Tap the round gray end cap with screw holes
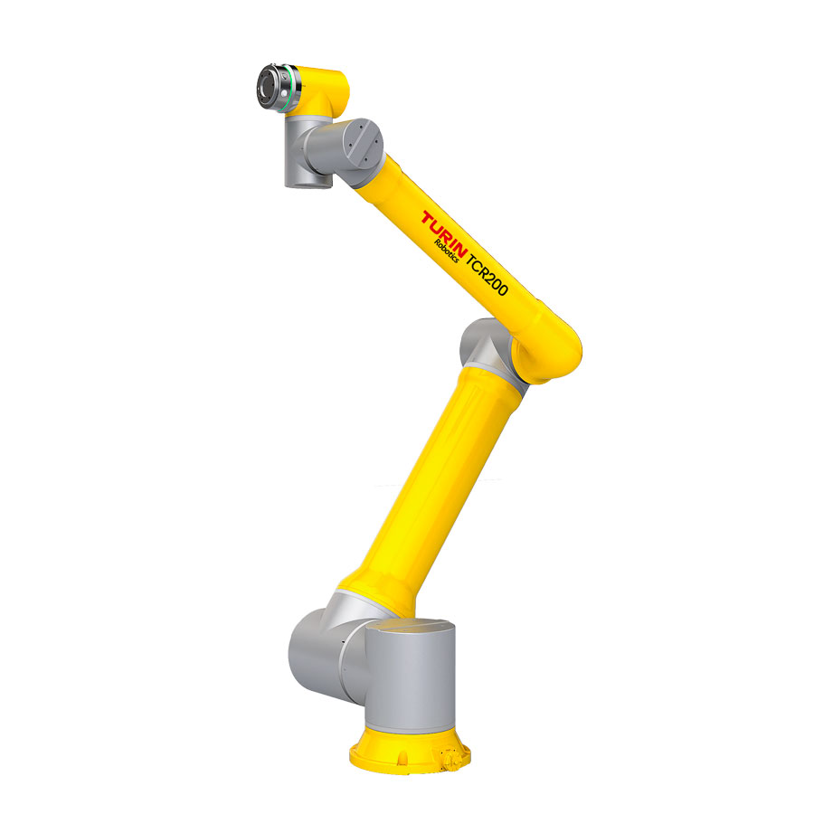[x=360, y=145]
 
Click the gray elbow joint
[x=481, y=348]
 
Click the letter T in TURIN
[x=428, y=218]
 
